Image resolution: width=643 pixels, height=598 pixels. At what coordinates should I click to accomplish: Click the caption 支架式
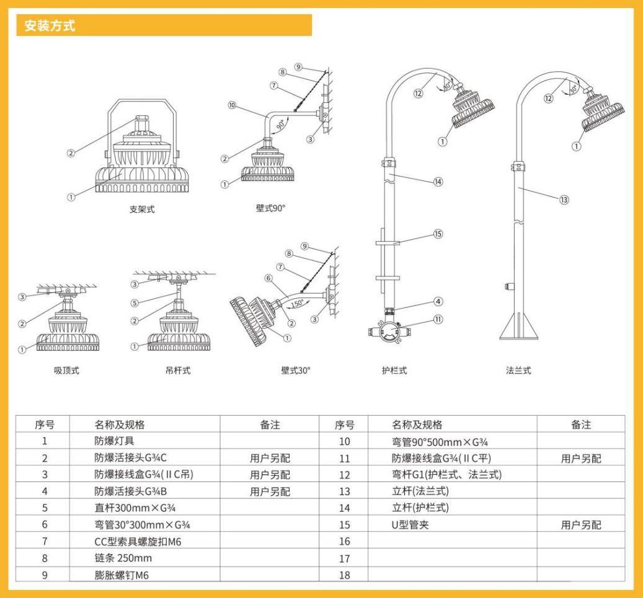pos(142,209)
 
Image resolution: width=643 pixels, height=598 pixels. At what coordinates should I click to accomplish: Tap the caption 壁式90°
pos(270,208)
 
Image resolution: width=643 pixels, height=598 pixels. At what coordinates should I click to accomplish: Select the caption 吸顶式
pos(66,371)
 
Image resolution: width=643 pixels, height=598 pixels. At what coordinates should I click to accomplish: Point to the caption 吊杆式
pos(178,371)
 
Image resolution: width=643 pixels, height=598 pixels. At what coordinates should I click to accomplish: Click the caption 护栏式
pos(394,371)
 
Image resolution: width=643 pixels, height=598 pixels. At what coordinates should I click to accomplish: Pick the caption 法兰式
pos(518,371)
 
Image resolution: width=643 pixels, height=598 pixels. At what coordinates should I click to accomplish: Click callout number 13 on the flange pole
pos(564,200)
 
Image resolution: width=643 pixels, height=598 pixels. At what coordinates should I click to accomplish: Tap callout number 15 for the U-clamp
pos(438,234)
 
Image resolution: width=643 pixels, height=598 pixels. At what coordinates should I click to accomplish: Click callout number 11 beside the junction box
pos(438,320)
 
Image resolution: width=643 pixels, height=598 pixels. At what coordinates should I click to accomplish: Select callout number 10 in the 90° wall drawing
pos(232,105)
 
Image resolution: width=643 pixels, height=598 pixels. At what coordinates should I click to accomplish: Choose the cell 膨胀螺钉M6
pos(117,574)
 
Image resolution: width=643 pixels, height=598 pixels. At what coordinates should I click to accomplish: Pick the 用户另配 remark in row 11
pos(580,459)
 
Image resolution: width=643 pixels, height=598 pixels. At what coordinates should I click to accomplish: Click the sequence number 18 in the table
pos(344,574)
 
